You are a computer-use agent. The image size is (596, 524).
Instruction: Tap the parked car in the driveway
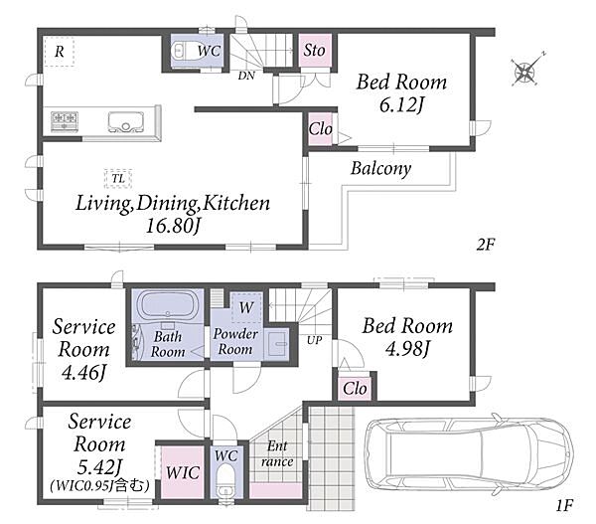click(469, 455)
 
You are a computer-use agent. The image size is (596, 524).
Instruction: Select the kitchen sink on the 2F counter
click(126, 121)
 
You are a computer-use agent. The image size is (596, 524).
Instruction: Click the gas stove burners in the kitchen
click(65, 121)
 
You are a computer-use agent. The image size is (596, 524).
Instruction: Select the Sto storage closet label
click(315, 51)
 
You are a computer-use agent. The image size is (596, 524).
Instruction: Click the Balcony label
click(380, 169)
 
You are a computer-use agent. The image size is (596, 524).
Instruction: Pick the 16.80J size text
click(173, 226)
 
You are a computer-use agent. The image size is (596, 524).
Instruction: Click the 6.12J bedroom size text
click(401, 104)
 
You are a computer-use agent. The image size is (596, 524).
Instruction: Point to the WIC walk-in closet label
click(183, 472)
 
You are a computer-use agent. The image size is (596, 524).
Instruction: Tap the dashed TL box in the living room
click(118, 178)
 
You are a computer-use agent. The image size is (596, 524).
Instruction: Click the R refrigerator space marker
click(59, 52)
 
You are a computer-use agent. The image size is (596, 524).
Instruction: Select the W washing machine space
click(246, 307)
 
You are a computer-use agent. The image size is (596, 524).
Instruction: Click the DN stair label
click(246, 76)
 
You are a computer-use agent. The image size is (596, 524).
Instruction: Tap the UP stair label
click(315, 341)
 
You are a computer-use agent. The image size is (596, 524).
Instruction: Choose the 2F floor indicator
click(486, 245)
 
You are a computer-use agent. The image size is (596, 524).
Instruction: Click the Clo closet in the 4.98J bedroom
click(355, 389)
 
